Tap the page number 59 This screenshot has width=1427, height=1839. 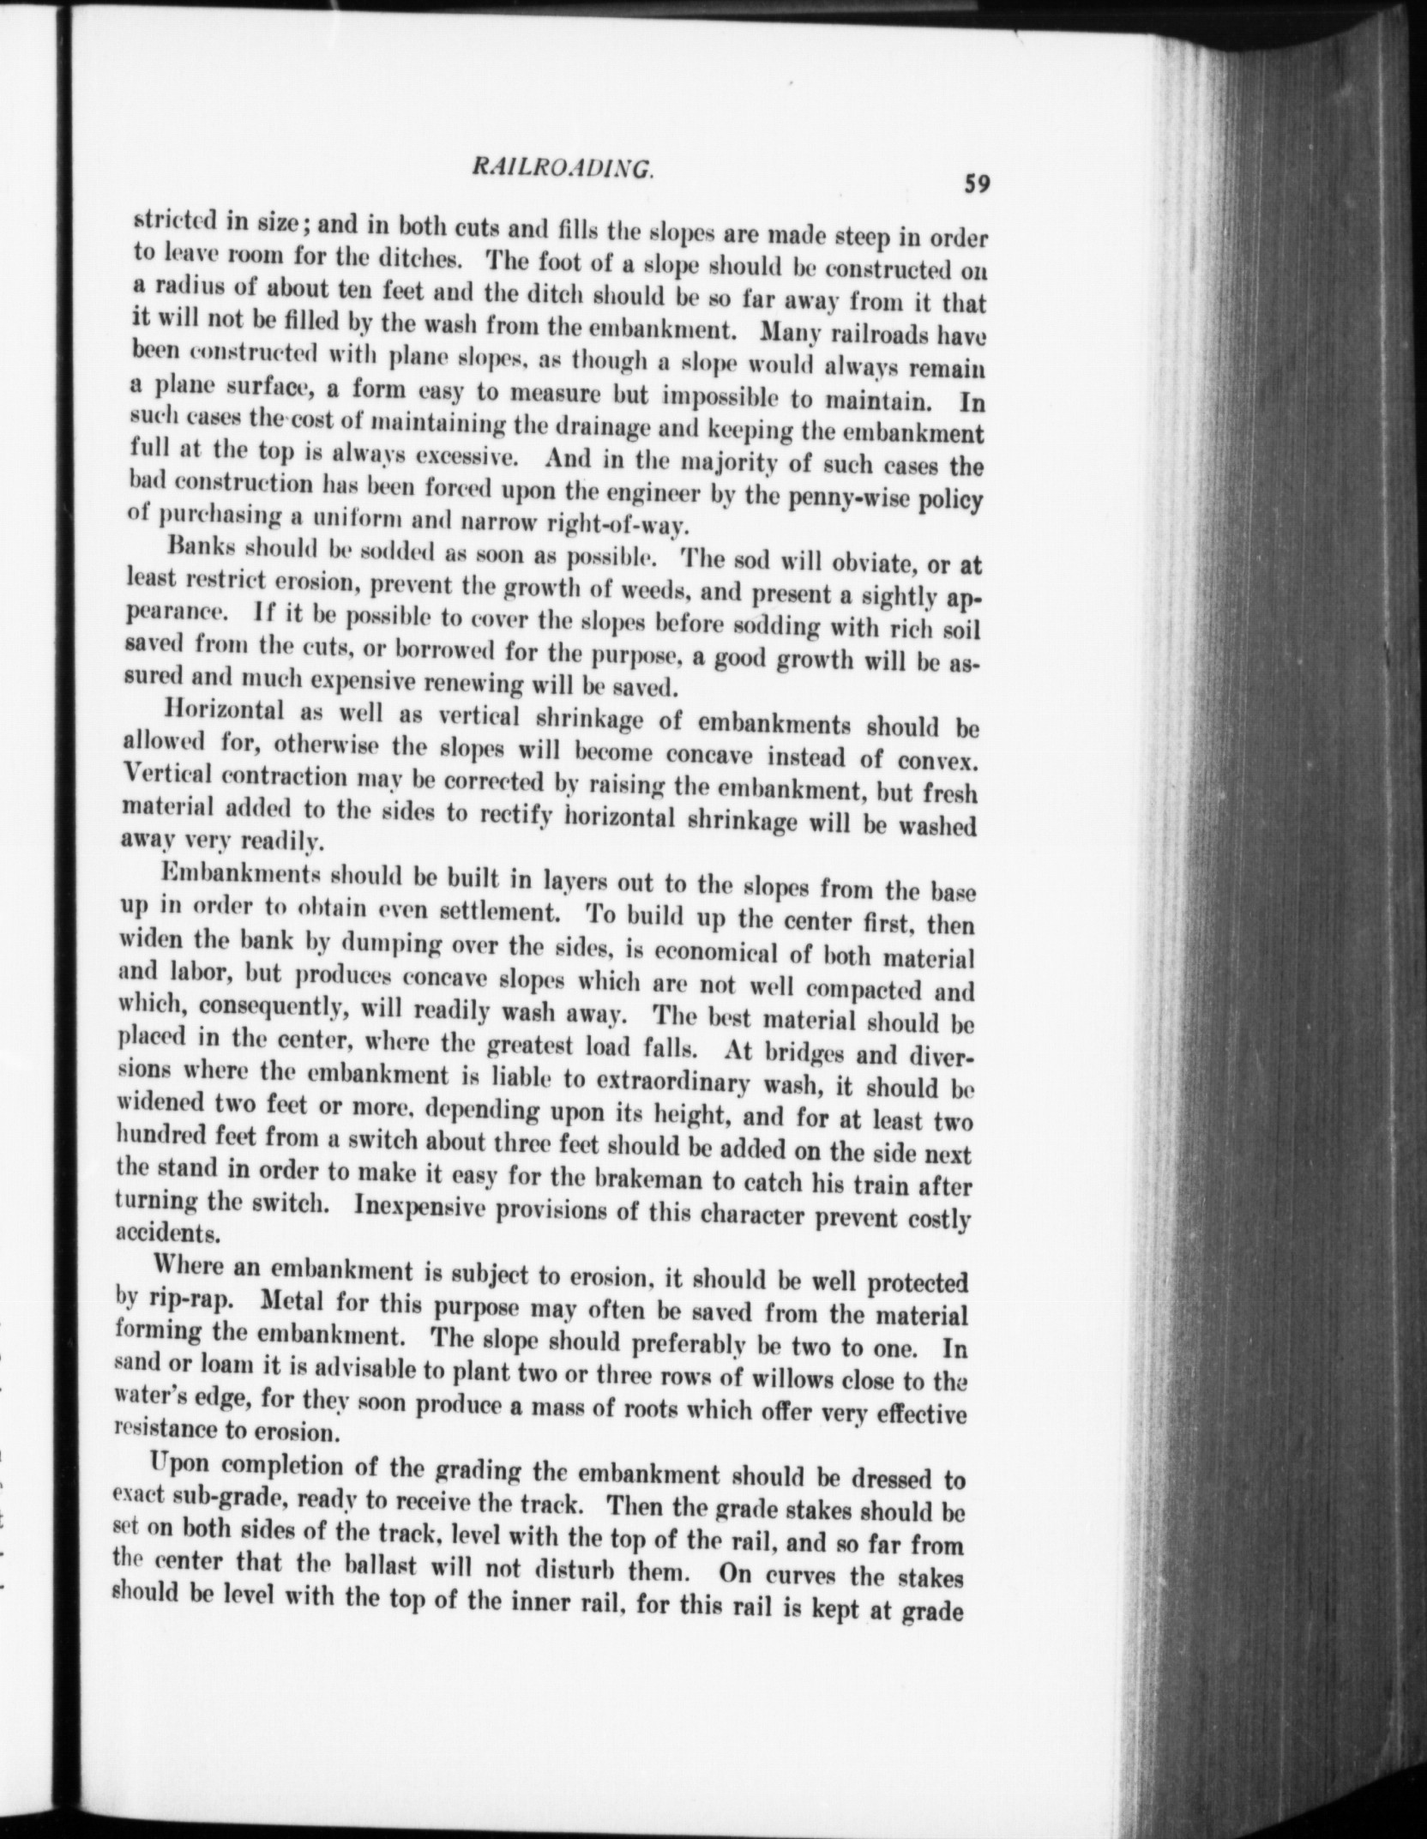[x=977, y=184]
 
